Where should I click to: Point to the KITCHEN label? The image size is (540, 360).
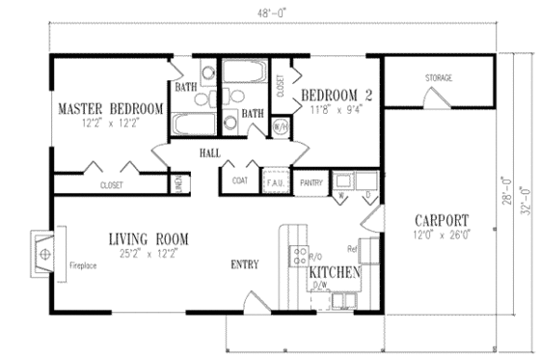coord(335,273)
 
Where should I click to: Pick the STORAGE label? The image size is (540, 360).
coord(440,77)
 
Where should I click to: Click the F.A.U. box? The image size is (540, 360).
coord(273,180)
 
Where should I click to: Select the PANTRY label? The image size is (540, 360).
coord(310,181)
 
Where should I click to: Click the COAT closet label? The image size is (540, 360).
coord(238,180)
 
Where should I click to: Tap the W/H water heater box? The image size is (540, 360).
coord(282,125)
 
